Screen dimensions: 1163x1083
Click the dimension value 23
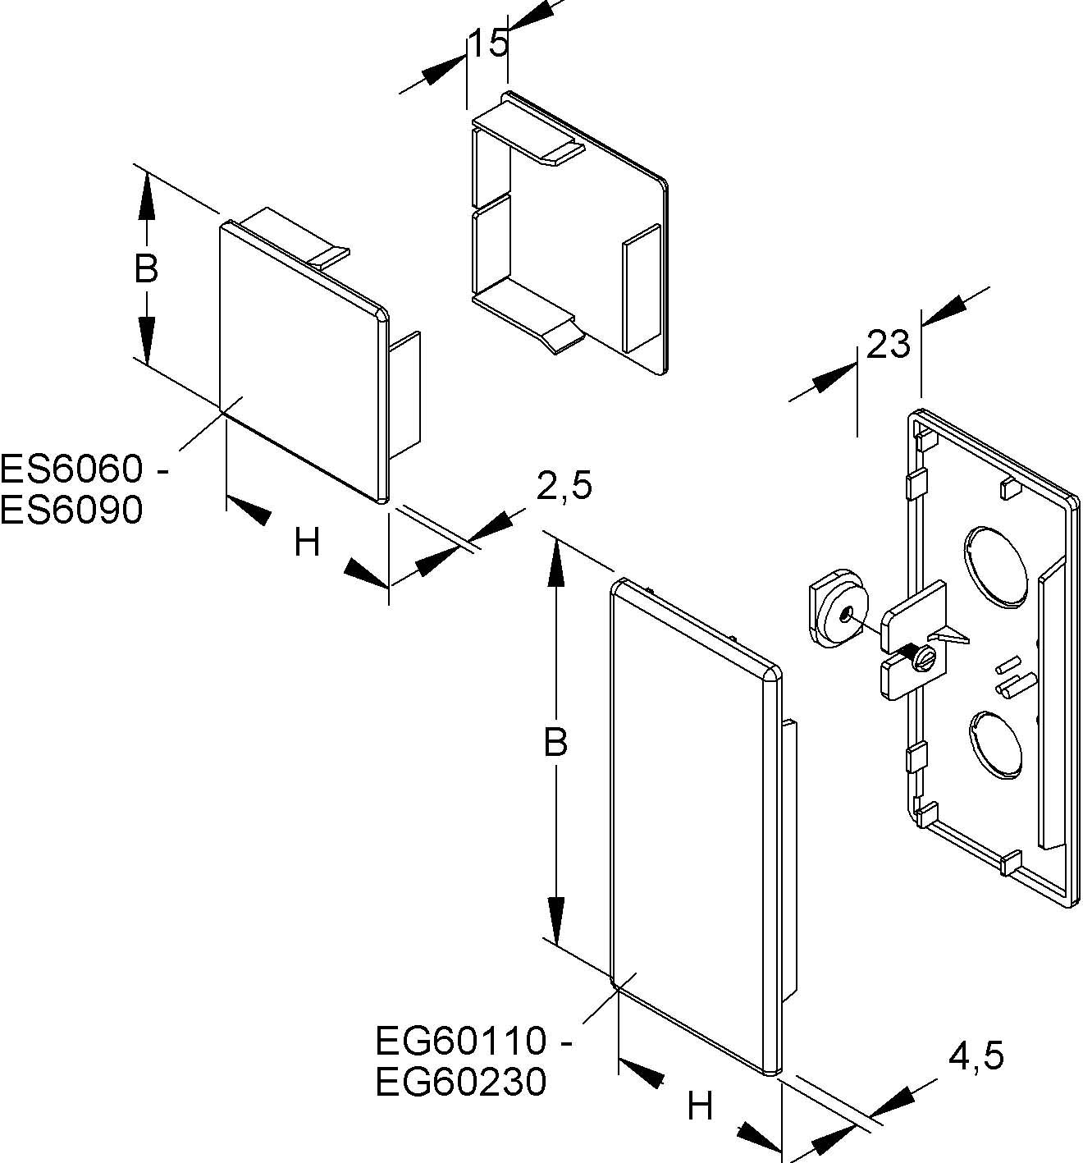coord(889,345)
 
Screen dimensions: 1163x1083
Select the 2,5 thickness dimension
coord(564,486)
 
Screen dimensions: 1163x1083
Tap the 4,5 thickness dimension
coord(976,1055)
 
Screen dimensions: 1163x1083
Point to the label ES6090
coord(72,511)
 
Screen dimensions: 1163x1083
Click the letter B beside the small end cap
coord(146,268)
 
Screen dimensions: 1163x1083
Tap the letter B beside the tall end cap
coord(555,743)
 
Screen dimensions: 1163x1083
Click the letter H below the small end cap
coord(307,543)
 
